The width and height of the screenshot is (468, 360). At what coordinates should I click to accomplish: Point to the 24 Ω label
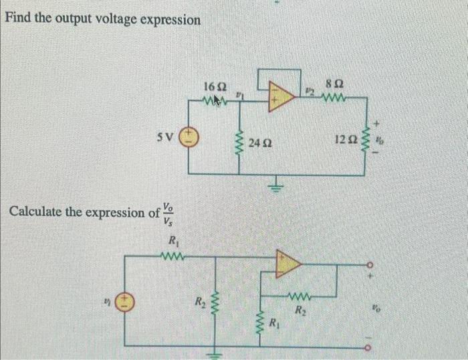(259, 143)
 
